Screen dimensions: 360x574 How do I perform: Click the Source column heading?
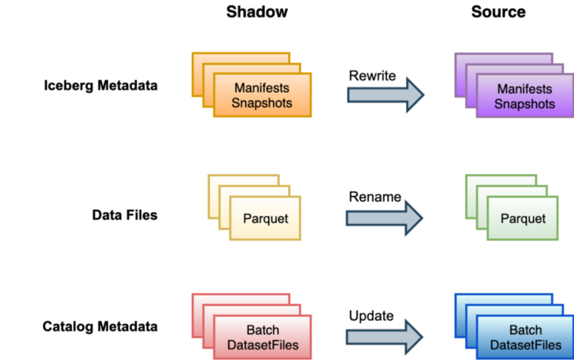tap(498, 12)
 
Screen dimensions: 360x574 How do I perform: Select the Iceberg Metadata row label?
tap(100, 84)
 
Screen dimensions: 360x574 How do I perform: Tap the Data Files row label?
tap(124, 216)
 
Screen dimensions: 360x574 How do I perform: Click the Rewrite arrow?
tap(385, 94)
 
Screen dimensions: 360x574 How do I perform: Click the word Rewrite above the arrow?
tap(372, 75)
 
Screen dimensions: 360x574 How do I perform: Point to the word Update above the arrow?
tap(371, 316)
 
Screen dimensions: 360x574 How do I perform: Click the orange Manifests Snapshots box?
tap(262, 95)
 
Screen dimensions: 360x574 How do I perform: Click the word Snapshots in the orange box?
tap(262, 103)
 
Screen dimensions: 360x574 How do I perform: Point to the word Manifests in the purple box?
tap(525, 89)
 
